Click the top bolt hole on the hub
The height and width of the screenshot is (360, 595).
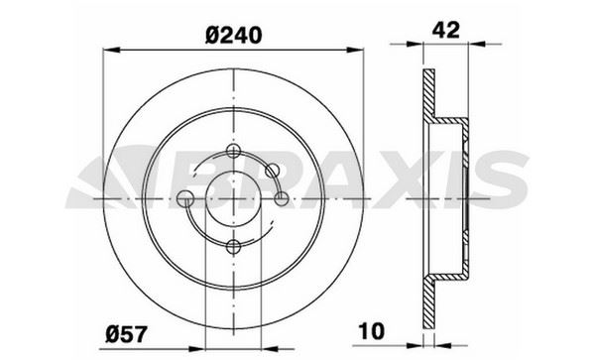[x=234, y=151]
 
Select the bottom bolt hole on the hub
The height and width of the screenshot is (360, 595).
[x=234, y=247]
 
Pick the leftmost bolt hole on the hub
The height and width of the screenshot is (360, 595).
[x=185, y=199]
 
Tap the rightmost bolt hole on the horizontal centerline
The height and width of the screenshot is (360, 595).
[x=282, y=199]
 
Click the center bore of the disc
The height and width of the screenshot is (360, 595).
[x=234, y=199]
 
